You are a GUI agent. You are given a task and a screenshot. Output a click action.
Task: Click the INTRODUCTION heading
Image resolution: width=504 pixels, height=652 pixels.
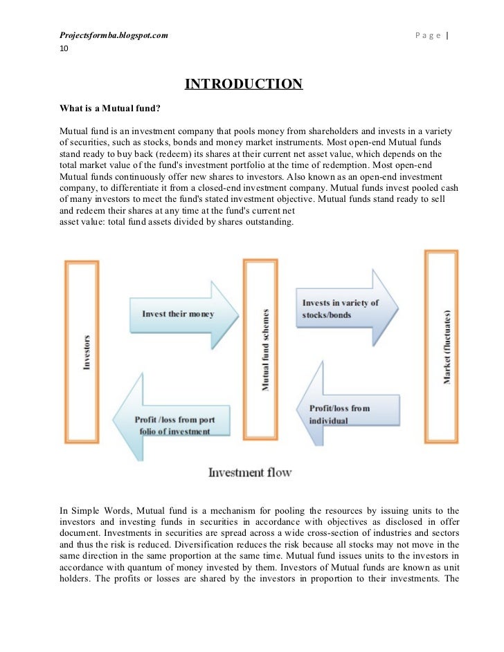click(243, 84)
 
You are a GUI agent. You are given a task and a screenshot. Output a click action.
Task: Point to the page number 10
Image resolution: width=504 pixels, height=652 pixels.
click(64, 49)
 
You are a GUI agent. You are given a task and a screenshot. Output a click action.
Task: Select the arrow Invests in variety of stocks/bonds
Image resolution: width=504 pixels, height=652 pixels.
click(344, 308)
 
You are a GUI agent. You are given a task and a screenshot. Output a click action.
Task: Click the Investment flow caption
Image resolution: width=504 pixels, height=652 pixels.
click(250, 473)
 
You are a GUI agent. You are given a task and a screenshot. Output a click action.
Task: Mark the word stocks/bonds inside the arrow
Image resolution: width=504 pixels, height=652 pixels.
click(327, 315)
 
